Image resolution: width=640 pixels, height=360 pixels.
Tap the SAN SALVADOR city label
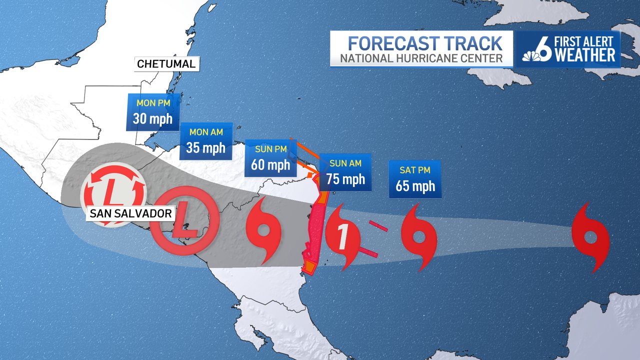(131, 214)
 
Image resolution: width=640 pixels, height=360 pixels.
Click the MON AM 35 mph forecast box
(206, 141)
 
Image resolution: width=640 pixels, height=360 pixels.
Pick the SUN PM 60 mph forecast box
(270, 157)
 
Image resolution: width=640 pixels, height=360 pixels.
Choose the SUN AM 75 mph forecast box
(345, 172)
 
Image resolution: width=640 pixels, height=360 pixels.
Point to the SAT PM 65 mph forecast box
(415, 179)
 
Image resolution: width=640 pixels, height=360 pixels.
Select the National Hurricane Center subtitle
(421, 58)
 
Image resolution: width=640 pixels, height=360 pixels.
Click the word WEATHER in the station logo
(585, 55)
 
